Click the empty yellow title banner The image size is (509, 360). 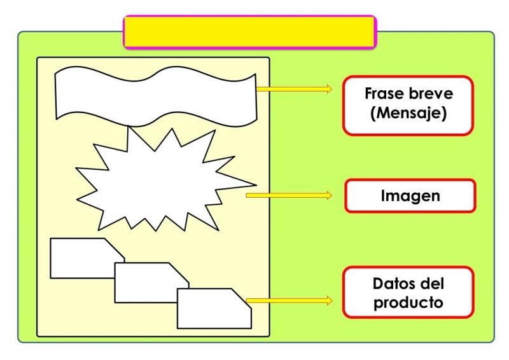(250, 32)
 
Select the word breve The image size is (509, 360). (431, 93)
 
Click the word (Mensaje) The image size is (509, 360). (408, 113)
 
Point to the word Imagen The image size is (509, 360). (410, 196)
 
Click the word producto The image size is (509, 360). (408, 303)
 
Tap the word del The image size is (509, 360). (432, 284)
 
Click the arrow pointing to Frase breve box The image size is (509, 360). (294, 89)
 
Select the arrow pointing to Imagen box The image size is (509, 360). (289, 195)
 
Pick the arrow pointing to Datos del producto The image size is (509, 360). (289, 301)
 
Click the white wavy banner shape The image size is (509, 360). (156, 97)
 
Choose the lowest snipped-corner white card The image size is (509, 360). (214, 308)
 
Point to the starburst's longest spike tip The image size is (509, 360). (256, 185)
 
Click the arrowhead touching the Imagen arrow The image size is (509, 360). (329, 195)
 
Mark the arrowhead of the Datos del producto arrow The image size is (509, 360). (330, 301)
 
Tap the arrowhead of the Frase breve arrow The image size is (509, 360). (329, 89)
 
